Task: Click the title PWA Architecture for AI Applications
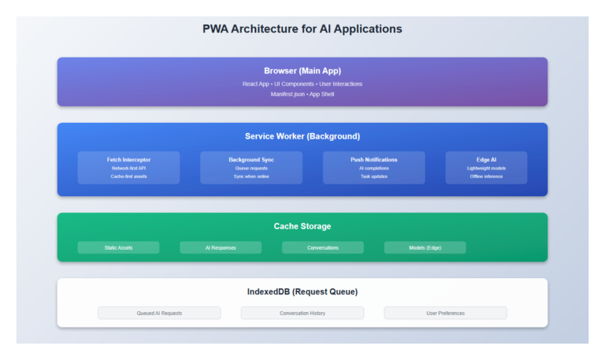pyautogui.click(x=302, y=29)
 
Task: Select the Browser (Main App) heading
pyautogui.click(x=302, y=71)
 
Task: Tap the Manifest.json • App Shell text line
pyautogui.click(x=302, y=94)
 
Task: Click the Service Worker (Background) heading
pyautogui.click(x=302, y=136)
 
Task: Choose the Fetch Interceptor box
pyautogui.click(x=128, y=168)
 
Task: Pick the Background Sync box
pyautogui.click(x=251, y=168)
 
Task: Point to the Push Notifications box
pyautogui.click(x=373, y=168)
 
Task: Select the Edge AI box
pyautogui.click(x=486, y=168)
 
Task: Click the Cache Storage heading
pyautogui.click(x=302, y=226)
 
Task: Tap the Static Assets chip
pyautogui.click(x=118, y=247)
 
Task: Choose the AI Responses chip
pyautogui.click(x=221, y=247)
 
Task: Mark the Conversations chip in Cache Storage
pyautogui.click(x=323, y=247)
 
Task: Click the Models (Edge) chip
pyautogui.click(x=425, y=247)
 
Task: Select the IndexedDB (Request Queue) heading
pyautogui.click(x=302, y=291)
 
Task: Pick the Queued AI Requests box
pyautogui.click(x=159, y=313)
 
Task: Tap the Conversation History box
pyautogui.click(x=302, y=313)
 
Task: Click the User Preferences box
pyautogui.click(x=445, y=313)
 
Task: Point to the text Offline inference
pyautogui.click(x=486, y=176)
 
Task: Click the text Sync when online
pyautogui.click(x=251, y=176)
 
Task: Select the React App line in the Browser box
pyautogui.click(x=302, y=84)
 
